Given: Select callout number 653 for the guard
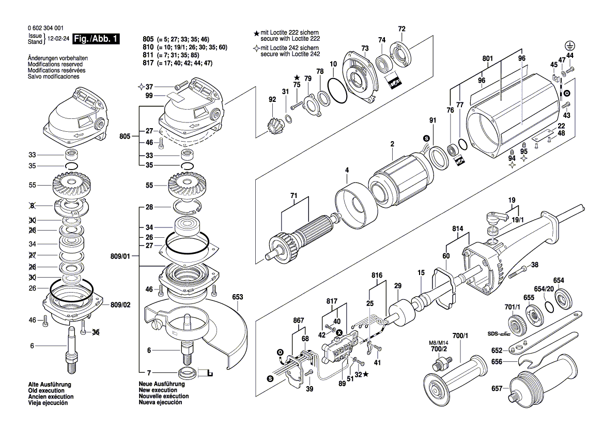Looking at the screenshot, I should [237, 297].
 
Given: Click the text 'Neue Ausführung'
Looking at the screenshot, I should [162, 385].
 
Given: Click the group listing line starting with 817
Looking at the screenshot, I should [178, 63].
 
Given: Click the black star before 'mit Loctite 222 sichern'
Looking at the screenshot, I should [256, 33].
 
